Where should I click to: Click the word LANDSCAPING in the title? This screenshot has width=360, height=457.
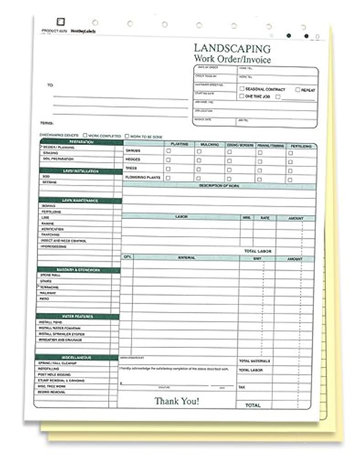coord(232,48)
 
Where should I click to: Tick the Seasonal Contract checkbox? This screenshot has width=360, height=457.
coord(242,89)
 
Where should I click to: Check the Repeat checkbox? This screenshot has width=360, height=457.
coord(297,90)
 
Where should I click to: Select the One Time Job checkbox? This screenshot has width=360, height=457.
coord(242,96)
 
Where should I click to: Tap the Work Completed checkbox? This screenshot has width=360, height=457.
coord(85,136)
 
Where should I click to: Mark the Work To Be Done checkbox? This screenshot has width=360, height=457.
coord(127,136)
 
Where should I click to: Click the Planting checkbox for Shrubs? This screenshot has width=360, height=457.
coord(168,151)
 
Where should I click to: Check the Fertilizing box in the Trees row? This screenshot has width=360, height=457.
coord(290,170)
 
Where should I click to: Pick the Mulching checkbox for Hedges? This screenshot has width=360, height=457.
coord(199,160)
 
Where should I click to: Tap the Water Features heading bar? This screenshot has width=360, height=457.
coord(77,316)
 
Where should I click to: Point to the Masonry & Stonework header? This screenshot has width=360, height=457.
coord(78,270)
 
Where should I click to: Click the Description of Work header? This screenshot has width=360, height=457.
coord(219,186)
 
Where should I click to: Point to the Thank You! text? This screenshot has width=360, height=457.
coord(176,401)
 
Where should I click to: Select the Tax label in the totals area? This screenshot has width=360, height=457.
coord(242,387)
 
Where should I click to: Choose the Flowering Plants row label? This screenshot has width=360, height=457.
coord(143,177)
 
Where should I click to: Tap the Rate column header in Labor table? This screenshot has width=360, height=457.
coord(265,218)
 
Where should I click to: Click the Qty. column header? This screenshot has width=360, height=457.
coord(127,258)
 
